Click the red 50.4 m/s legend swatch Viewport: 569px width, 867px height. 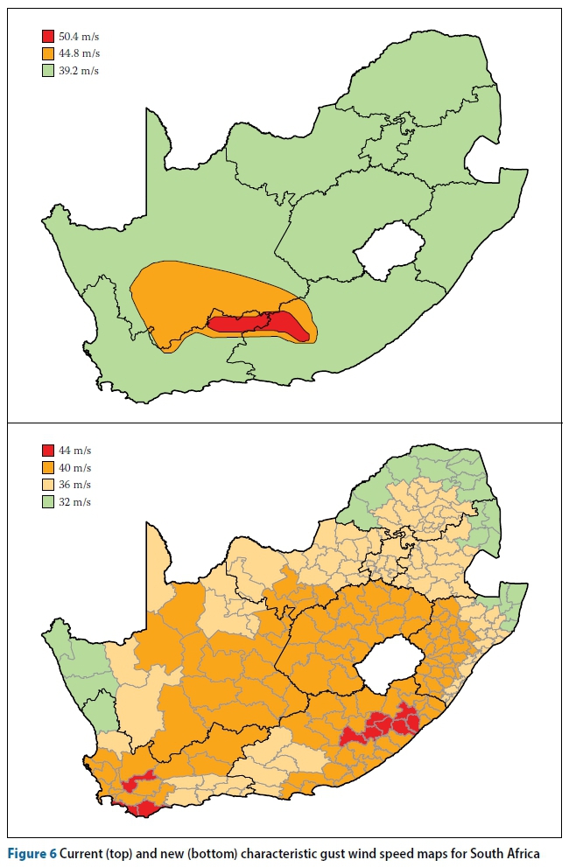48,37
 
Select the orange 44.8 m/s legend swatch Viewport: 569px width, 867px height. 48,53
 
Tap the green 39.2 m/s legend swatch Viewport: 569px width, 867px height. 48,70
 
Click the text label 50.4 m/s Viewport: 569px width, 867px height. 79,37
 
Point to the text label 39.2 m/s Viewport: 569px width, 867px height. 79,70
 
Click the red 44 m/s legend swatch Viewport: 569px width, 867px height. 48,451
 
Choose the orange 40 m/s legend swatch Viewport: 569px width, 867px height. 48,468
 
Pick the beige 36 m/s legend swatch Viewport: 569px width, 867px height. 48,485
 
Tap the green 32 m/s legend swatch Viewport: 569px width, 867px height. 48,501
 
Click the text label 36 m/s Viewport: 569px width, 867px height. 75,485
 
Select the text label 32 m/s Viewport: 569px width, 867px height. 75,501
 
